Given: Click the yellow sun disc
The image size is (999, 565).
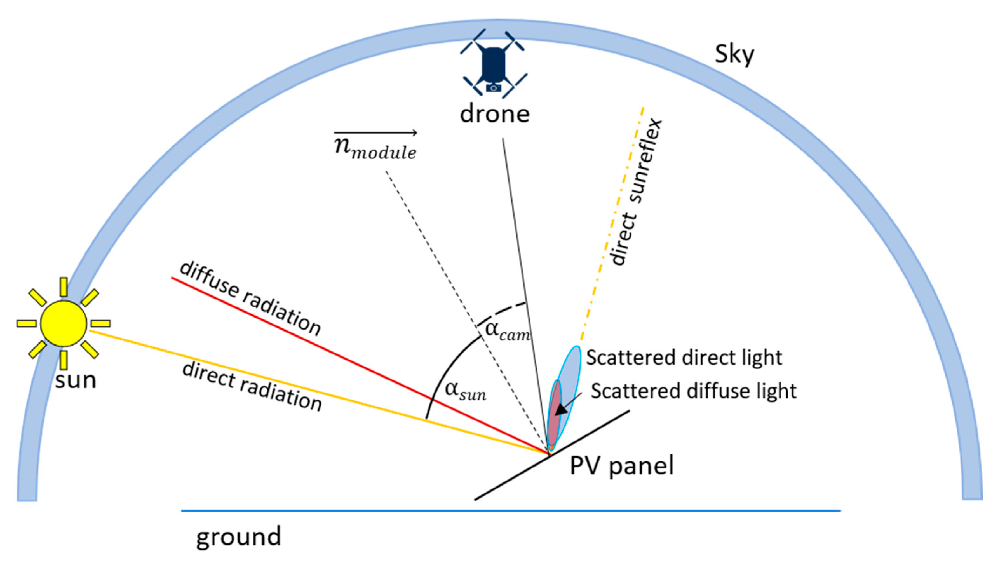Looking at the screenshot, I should pos(64,323).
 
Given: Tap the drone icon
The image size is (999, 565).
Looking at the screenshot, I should pos(493,64).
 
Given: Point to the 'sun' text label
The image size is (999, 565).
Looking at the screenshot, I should pos(75,380).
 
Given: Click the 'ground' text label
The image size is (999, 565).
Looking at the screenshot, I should pos(238,537).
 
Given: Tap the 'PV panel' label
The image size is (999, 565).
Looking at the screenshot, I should pos(621,465).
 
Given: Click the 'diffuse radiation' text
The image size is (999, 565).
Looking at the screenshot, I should pos(251,298).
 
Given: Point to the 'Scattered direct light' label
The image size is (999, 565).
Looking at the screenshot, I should pos(684,357).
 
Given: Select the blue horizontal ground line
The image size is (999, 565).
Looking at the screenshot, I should pos(510,511).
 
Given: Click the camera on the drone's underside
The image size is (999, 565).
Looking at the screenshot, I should pos(493,88).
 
